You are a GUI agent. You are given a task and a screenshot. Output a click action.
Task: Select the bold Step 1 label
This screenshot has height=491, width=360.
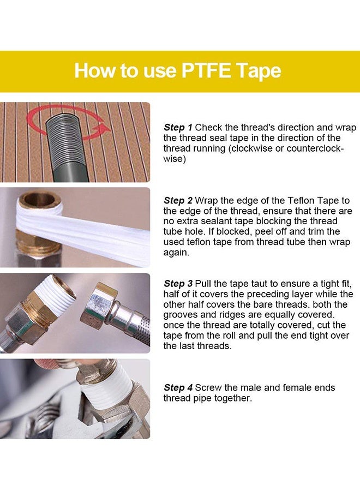(x=178, y=128)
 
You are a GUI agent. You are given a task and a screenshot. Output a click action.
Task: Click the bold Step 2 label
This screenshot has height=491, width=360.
(x=178, y=201)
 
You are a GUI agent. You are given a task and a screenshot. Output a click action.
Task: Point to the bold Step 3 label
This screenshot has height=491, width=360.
(x=178, y=284)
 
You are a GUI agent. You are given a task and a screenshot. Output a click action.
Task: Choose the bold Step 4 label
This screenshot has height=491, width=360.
(x=178, y=388)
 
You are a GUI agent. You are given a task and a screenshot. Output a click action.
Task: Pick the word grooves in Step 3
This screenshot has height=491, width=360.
(x=178, y=315)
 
